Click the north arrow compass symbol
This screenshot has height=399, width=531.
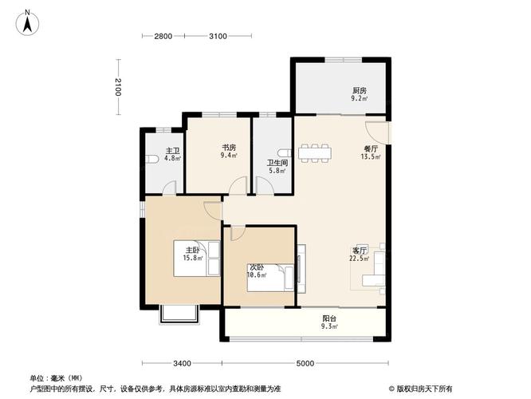27,22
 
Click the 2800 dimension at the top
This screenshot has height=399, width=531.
163,36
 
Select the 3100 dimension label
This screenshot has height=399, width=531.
218,36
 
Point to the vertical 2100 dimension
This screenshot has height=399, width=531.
116,87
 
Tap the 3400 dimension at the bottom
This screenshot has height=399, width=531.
182,363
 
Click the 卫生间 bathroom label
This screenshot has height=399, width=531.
276,167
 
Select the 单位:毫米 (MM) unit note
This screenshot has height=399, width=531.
57,377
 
